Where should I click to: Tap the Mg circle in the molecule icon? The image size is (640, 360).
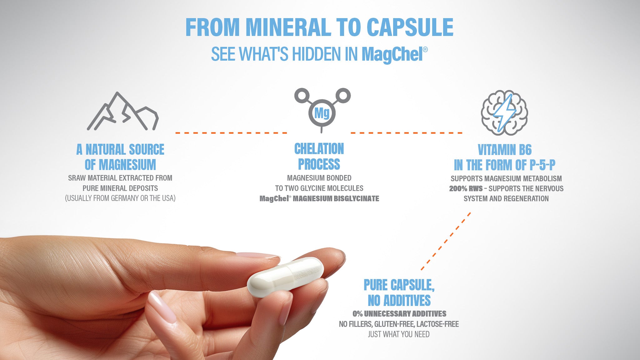322,113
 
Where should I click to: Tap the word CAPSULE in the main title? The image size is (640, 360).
410,27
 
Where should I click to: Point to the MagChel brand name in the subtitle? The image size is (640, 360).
392,54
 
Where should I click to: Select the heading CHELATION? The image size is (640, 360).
319,149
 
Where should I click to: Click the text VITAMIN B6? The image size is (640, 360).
504,150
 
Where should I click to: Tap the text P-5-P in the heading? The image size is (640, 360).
542,165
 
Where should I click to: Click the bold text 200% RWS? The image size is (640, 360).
466,189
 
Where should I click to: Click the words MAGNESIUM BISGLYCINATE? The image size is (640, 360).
336,199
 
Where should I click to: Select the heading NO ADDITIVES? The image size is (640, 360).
399,301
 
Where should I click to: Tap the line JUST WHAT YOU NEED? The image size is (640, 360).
398,334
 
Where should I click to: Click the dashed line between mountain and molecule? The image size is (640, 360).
231,133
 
